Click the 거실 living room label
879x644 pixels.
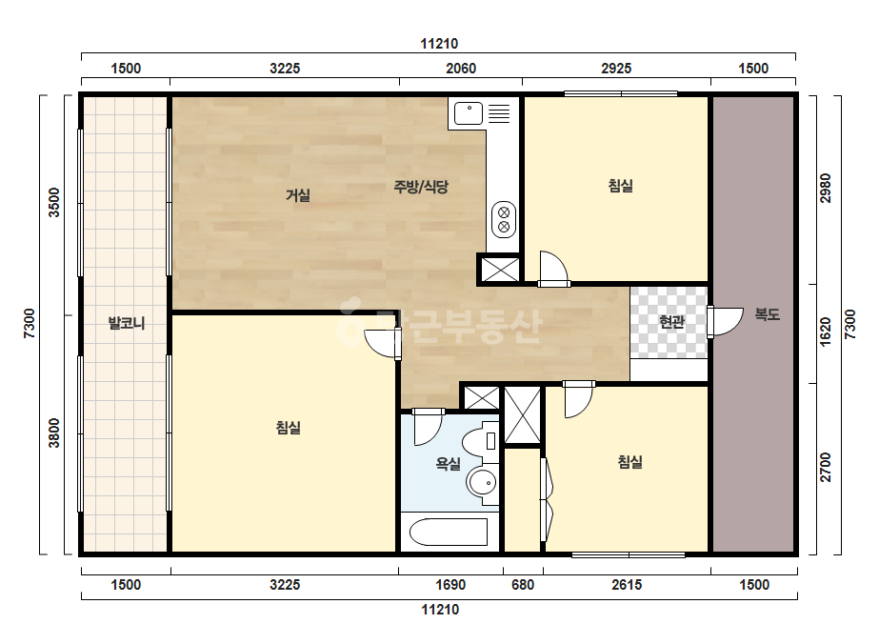click(x=298, y=195)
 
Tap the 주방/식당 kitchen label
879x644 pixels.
click(x=421, y=187)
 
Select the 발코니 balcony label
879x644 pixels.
click(x=126, y=323)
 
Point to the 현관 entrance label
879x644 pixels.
click(x=671, y=322)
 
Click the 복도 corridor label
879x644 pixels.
click(x=767, y=314)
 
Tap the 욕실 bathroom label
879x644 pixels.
click(x=448, y=464)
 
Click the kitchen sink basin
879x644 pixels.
click(x=469, y=113)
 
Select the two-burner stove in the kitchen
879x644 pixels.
click(x=504, y=219)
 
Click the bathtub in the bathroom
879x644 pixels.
click(x=449, y=532)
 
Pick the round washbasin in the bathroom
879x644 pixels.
click(x=483, y=482)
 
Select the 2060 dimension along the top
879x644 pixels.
click(x=461, y=69)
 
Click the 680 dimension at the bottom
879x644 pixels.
click(x=523, y=585)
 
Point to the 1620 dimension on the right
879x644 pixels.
click(x=826, y=332)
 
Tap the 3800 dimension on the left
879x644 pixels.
click(x=54, y=433)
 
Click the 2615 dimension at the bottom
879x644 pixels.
click(x=627, y=585)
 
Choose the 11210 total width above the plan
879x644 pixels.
click(x=440, y=44)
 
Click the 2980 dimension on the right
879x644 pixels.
click(x=826, y=189)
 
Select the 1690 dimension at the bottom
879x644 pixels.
click(x=450, y=585)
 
